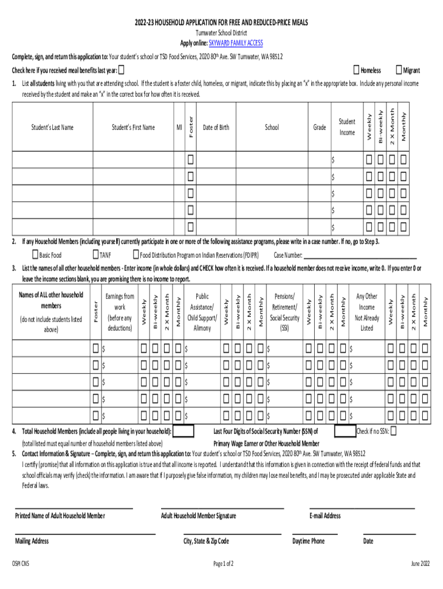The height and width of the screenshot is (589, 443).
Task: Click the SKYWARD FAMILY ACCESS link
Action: pos(230,43)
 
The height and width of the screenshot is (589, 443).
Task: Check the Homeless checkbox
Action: pos(356,70)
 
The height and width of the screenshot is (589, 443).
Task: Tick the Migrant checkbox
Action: pos(399,70)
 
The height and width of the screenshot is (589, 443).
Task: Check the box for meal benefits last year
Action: pos(122,70)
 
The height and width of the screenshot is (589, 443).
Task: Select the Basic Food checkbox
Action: pos(35,255)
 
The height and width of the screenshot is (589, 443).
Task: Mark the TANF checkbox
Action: pos(96,255)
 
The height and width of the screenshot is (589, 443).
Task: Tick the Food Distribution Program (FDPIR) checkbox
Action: pos(136,255)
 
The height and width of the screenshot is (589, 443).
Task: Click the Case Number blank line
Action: pos(360,256)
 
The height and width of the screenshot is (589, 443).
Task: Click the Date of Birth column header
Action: pos(216,127)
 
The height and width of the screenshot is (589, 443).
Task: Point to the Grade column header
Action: pos(319,127)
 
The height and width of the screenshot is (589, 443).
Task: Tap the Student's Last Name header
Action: pos(52,127)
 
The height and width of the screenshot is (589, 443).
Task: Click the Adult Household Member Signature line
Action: pos(222,508)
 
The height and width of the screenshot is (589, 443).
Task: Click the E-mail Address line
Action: pos(362,508)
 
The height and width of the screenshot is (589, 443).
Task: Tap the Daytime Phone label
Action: pos(308,541)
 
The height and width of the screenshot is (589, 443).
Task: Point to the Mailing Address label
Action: pos(32,541)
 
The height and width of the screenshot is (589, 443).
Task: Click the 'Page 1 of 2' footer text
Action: pos(223,564)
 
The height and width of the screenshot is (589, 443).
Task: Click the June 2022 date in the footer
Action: pos(420,564)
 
